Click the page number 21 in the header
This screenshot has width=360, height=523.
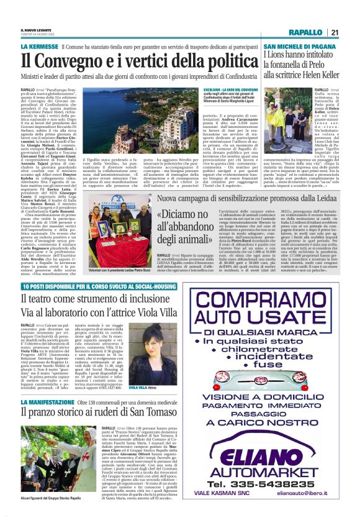tap(334, 32)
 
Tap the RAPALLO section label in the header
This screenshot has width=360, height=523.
tap(305, 32)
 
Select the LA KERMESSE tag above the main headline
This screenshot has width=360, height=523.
tap(42, 47)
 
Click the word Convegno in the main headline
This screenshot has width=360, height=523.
tap(86, 61)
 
